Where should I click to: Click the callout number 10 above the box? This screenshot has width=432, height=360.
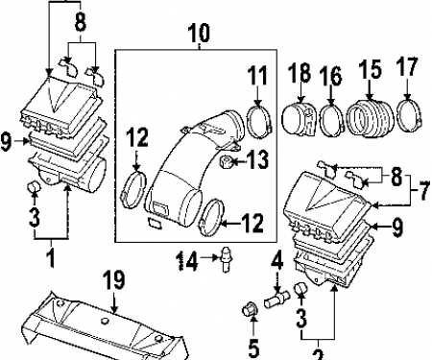pos(199,33)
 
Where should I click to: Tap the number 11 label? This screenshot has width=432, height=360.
pos(257,76)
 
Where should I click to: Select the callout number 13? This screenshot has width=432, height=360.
pos(258,159)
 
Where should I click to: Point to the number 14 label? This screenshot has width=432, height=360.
pos(187,260)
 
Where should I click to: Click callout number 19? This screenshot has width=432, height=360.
pos(114,280)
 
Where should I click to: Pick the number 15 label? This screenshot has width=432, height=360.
pos(370,69)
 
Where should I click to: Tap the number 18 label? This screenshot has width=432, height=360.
pos(300,72)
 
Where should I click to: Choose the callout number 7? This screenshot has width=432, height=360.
pos(424,191)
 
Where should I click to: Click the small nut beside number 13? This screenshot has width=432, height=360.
pos(226,160)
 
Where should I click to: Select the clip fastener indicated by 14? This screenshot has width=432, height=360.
pos(227,259)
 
